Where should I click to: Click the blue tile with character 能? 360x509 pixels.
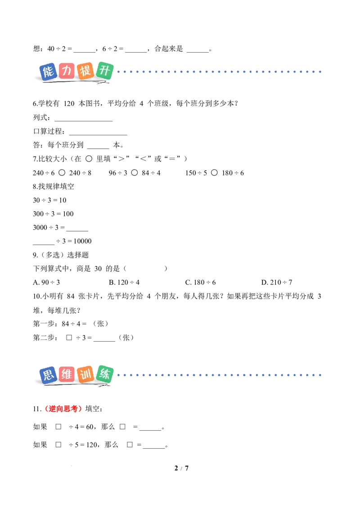(x=48, y=72)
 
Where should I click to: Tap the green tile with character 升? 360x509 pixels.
(x=105, y=71)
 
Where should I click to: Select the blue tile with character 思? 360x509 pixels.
(x=48, y=375)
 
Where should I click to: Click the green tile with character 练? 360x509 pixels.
(x=105, y=374)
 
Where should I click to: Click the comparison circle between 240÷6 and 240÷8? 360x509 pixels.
(x=62, y=173)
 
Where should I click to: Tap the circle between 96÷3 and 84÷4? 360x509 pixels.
(x=135, y=173)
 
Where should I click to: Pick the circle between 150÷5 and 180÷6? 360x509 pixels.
(x=215, y=173)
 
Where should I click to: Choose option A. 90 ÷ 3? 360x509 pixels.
(x=46, y=282)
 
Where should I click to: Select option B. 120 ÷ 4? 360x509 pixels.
(x=124, y=282)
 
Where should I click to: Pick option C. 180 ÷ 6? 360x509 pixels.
(x=200, y=282)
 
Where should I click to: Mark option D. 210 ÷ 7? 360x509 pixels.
(x=276, y=282)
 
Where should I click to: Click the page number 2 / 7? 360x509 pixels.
(x=182, y=468)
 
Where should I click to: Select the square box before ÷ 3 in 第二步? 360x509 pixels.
(x=69, y=338)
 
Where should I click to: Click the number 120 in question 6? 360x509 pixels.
(x=69, y=103)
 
